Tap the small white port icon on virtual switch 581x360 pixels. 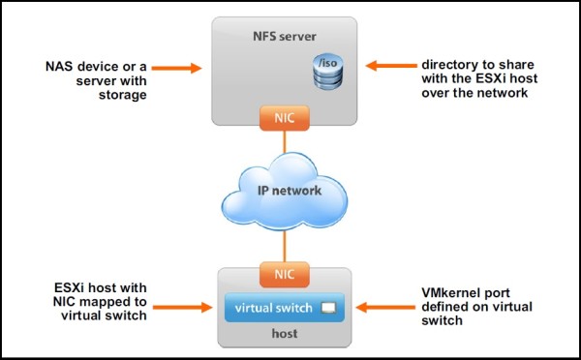(328, 308)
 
